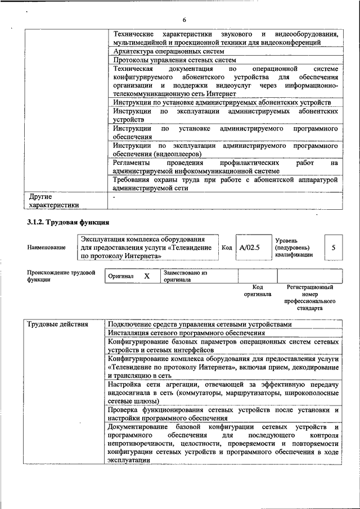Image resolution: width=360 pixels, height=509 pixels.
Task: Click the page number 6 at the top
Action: pos(184,21)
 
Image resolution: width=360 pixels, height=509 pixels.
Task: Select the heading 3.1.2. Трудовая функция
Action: pos(67,223)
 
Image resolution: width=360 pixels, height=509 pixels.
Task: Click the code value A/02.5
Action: pos(250,247)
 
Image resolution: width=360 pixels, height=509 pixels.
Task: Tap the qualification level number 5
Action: pos(334,247)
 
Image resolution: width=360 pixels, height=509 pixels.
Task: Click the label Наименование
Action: pos(46,247)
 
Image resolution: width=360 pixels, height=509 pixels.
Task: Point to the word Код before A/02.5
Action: pos(227,247)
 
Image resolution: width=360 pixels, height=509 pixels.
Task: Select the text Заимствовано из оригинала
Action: pos(186,276)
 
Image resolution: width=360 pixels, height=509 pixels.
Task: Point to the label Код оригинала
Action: pos(257,291)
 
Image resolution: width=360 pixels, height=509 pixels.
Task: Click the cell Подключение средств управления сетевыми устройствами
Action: pos(200,325)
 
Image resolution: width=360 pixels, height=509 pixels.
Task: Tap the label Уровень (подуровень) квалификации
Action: pos(294,247)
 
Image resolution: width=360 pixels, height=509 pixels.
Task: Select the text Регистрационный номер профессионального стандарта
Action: pos(310,298)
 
